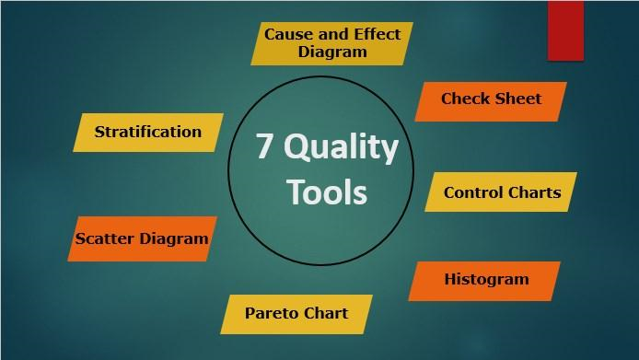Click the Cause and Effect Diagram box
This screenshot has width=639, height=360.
(x=331, y=43)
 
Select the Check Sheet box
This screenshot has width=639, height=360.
(x=491, y=100)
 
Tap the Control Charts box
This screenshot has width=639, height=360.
(x=501, y=192)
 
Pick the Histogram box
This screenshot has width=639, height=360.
(x=485, y=280)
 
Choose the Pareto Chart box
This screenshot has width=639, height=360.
(x=296, y=314)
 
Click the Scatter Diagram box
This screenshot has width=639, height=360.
(x=142, y=239)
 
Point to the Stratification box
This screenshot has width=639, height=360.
(x=147, y=132)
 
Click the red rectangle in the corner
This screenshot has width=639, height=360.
(x=564, y=29)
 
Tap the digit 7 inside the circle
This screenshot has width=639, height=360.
(x=265, y=147)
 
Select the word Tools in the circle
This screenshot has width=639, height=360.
(x=326, y=192)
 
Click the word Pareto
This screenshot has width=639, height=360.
(x=273, y=313)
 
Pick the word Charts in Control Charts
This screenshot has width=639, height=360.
(x=535, y=192)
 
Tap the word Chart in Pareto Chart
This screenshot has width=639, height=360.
(x=326, y=313)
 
